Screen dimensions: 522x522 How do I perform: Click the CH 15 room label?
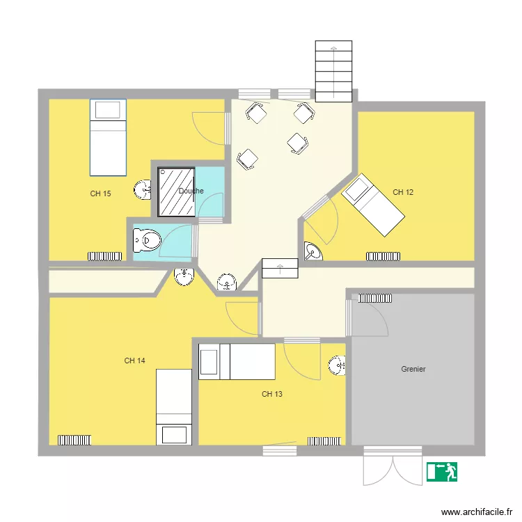click(100, 193)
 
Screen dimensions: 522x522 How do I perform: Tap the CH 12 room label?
click(403, 192)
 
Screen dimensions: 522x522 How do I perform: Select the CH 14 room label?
click(134, 361)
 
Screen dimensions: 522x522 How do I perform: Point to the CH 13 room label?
click(272, 394)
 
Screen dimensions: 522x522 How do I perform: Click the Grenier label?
click(413, 369)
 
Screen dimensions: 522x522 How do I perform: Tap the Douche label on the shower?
click(191, 191)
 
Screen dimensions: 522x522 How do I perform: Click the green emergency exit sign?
click(442, 472)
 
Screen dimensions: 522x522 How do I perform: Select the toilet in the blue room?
click(147, 240)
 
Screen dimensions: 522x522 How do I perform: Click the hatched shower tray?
click(177, 192)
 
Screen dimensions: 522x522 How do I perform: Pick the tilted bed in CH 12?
click(373, 205)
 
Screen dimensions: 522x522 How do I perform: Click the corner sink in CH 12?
click(313, 251)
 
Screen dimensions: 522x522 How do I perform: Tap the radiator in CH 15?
click(105, 256)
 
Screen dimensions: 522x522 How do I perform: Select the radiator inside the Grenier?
click(375, 299)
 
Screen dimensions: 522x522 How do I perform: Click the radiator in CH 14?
click(74, 440)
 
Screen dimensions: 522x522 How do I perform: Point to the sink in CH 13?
click(337, 365)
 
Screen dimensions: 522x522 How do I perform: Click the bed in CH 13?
click(237, 362)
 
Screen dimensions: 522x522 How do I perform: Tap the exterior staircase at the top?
click(333, 71)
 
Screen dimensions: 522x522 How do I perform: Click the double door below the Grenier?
click(393, 466)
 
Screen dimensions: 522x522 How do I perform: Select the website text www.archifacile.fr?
click(477, 512)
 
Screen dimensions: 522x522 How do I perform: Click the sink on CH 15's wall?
click(142, 190)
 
